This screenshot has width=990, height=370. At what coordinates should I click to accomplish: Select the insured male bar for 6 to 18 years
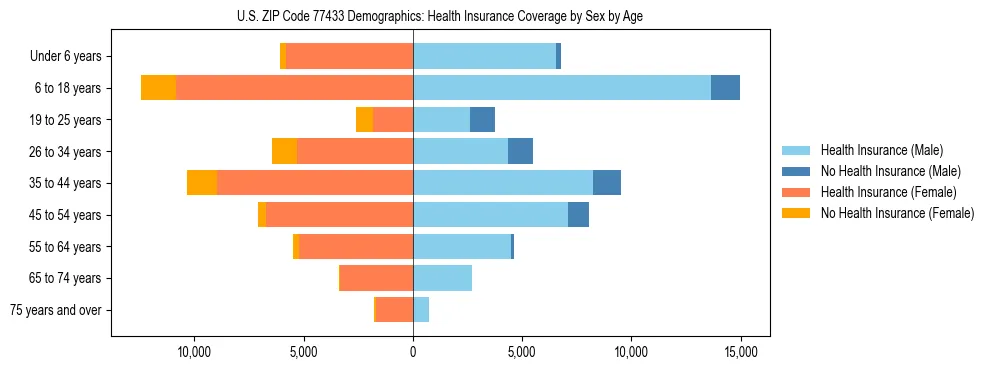point(561,88)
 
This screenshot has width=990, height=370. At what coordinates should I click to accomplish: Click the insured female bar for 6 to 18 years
point(294,88)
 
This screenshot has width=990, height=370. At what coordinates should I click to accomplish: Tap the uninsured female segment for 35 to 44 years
point(202,183)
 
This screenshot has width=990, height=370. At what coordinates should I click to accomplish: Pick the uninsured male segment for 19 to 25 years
point(482,120)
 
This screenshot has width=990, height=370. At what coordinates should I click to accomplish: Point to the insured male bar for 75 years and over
point(421,310)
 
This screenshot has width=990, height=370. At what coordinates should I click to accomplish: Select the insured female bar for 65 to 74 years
point(377,278)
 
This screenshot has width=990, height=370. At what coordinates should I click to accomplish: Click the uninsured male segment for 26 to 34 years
point(520,151)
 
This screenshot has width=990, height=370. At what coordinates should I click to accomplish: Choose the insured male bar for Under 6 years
point(484,56)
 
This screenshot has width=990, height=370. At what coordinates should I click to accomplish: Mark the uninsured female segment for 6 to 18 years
point(158,88)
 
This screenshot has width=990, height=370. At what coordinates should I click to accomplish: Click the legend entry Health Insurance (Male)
point(881,150)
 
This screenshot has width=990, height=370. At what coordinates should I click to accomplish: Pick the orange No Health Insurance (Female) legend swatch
point(796,213)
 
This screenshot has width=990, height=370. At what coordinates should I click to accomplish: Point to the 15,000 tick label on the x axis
point(740,352)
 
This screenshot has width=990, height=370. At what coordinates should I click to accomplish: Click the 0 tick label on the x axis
point(413,352)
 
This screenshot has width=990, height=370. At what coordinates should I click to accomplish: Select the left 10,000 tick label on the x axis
point(193,352)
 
